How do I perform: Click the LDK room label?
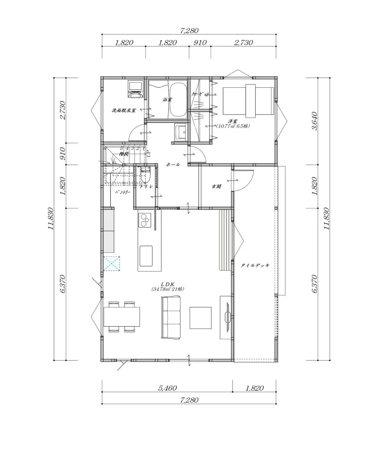pos(168,284)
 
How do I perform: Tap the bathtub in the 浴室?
pos(178,99)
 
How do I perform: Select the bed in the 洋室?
pos(249,101)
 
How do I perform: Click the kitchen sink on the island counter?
pos(146,256)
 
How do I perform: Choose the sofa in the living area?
pos(170,318)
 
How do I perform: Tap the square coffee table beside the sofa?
pos(201,318)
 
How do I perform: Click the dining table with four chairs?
pos(122,317)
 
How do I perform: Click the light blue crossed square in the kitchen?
pos(112,264)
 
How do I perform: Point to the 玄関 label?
pos(216,186)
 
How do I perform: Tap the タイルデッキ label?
pos(255,265)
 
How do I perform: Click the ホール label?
pos(173,165)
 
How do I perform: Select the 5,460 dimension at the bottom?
pos(167,388)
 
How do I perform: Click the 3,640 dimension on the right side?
pos(315,121)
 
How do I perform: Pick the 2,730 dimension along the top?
pos(243,43)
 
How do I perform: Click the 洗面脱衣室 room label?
pos(124,110)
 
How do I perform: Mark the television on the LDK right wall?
pos(227,317)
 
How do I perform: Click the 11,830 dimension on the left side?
pos(51,219)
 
